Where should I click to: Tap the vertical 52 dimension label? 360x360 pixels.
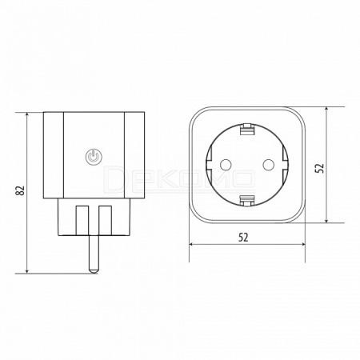point(319,168)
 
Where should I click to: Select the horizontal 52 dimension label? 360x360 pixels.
point(243,237)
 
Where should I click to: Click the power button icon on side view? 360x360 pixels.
point(94,157)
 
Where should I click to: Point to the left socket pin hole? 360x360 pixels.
point(226,165)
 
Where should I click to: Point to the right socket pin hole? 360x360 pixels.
point(268,165)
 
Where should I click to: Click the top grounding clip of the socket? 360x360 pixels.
point(246,129)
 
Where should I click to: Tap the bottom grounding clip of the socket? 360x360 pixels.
point(246,201)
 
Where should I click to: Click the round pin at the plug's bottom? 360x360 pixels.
point(94,254)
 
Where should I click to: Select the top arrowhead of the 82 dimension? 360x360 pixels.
point(27,115)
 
